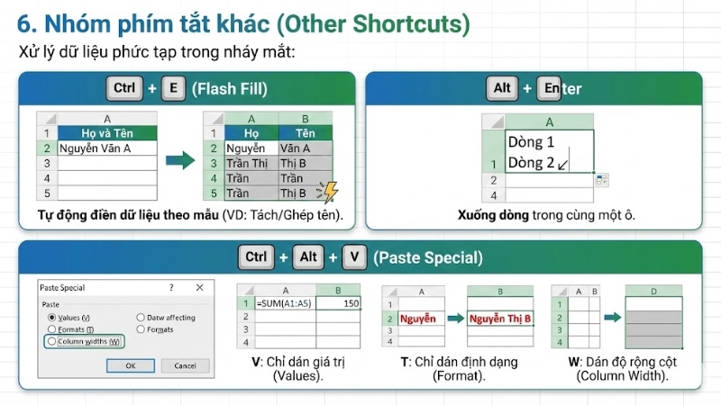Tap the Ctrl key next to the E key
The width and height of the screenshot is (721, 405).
point(124,88)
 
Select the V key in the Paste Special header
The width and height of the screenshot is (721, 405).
point(355,257)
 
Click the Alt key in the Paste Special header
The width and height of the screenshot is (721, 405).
point(309,257)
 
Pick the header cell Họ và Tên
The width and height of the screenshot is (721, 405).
point(106,133)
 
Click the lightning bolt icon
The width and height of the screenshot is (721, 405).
point(330,191)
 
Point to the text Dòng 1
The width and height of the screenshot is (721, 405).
point(531,142)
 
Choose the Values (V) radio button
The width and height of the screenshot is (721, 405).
point(50,318)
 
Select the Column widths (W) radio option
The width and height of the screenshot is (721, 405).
point(50,341)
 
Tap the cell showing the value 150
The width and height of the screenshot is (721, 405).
point(343,303)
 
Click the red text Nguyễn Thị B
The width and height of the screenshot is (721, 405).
point(500,318)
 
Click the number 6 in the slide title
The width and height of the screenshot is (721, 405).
point(24,21)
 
